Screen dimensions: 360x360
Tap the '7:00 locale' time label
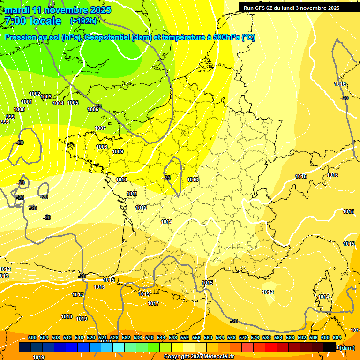tap(32, 21)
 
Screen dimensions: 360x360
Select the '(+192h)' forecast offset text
tap(83, 21)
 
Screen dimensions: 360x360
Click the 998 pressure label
tap(5, 122)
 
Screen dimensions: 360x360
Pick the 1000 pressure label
tap(19, 109)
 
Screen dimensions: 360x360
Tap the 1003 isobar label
tap(46, 97)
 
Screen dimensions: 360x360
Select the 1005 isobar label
tap(73, 103)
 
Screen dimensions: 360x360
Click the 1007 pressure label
tap(100, 128)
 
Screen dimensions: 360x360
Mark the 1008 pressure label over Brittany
tap(102, 147)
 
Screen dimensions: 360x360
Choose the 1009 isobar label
tap(118, 151)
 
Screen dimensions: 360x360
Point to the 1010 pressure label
tap(121, 180)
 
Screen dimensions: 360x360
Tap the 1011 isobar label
tap(132, 194)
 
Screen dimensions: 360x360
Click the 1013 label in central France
tap(193, 180)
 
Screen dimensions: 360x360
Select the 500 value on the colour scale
tap(32, 337)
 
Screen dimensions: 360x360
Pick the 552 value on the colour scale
tap(185, 337)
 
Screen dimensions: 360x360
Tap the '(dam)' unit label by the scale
tap(346, 348)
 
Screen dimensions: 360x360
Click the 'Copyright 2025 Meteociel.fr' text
tap(198, 357)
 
